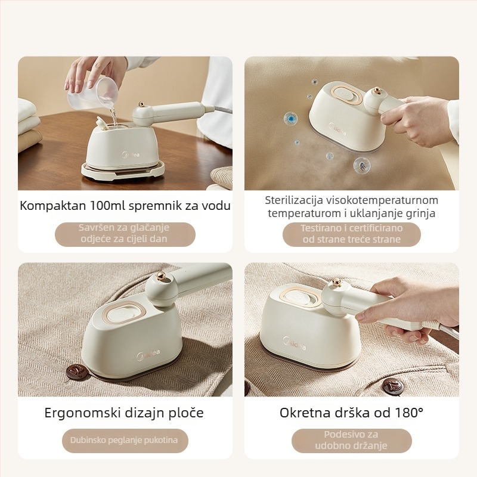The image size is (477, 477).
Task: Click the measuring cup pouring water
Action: pyautogui.click(x=93, y=94)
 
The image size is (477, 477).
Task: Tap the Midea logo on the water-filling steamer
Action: pyautogui.click(x=131, y=155)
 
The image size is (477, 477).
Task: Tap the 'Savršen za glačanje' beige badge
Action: pyautogui.click(x=125, y=234)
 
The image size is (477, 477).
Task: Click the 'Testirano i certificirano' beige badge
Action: pyautogui.click(x=351, y=234)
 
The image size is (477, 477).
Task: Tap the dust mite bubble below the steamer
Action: pyautogui.click(x=362, y=165)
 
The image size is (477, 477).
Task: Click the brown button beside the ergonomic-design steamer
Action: pyautogui.click(x=78, y=372)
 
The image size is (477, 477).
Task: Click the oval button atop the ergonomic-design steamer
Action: pyautogui.click(x=124, y=314)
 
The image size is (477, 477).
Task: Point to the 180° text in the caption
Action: pyautogui.click(x=409, y=413)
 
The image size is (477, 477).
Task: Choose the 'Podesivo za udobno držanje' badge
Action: pyautogui.click(x=351, y=441)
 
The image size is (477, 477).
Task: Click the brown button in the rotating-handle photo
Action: pyautogui.click(x=393, y=386)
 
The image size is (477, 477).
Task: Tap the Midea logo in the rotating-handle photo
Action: pyautogui.click(x=294, y=344)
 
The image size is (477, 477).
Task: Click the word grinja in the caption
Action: pyautogui.click(x=421, y=213)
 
